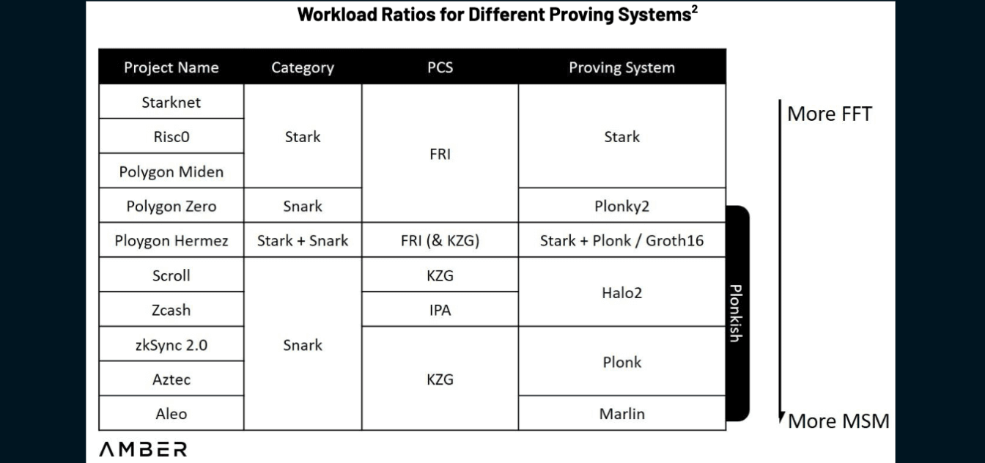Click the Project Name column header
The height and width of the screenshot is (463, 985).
click(x=171, y=67)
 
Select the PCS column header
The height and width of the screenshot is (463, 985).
click(x=440, y=67)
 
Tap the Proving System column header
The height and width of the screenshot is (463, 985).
click(x=621, y=67)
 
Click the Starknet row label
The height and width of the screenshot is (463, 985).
click(x=171, y=102)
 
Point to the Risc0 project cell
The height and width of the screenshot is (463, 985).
click(x=171, y=136)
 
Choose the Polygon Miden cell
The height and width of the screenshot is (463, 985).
click(x=171, y=171)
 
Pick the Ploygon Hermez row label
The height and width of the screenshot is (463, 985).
click(x=171, y=240)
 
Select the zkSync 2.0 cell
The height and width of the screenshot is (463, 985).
click(x=171, y=344)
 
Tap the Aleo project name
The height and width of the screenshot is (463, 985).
click(x=171, y=413)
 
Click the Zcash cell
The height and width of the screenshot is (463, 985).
click(x=171, y=310)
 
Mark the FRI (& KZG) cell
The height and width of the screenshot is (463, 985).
click(x=440, y=240)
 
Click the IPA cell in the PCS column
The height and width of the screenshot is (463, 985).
click(x=440, y=310)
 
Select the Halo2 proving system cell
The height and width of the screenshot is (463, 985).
click(x=621, y=292)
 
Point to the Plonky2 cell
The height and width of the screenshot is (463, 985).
click(x=621, y=206)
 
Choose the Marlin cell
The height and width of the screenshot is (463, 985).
click(x=621, y=413)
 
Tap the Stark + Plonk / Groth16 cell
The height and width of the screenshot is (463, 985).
click(x=621, y=240)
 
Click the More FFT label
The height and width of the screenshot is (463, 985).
click(x=829, y=114)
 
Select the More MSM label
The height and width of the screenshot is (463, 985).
click(x=838, y=421)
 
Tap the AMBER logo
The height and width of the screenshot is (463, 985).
click(x=143, y=448)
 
